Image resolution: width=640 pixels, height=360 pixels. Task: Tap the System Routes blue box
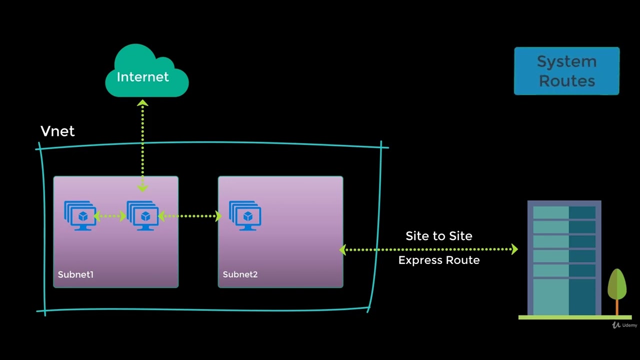(566, 71)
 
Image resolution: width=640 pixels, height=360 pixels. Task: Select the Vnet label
(57, 131)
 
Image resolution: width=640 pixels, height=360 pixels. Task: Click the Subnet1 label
(75, 274)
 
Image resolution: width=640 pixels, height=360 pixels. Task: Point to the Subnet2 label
(240, 274)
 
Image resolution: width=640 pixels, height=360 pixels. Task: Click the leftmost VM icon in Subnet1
(80, 215)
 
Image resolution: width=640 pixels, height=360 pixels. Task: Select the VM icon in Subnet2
(245, 215)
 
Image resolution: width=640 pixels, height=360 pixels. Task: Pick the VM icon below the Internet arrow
(143, 215)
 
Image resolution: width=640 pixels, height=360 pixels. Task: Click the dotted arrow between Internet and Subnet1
(143, 145)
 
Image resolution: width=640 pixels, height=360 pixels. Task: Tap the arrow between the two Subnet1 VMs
(110, 216)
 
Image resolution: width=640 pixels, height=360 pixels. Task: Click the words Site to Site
(438, 236)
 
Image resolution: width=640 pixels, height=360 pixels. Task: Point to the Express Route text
(438, 260)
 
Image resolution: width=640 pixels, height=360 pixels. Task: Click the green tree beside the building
(617, 285)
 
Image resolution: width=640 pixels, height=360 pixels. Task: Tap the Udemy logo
(624, 325)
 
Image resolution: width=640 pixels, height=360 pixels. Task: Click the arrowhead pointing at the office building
(514, 249)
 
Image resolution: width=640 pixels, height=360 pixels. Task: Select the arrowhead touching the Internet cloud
(143, 103)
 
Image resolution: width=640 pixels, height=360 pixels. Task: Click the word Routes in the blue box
(566, 81)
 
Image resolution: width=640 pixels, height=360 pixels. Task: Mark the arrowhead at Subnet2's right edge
(343, 249)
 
